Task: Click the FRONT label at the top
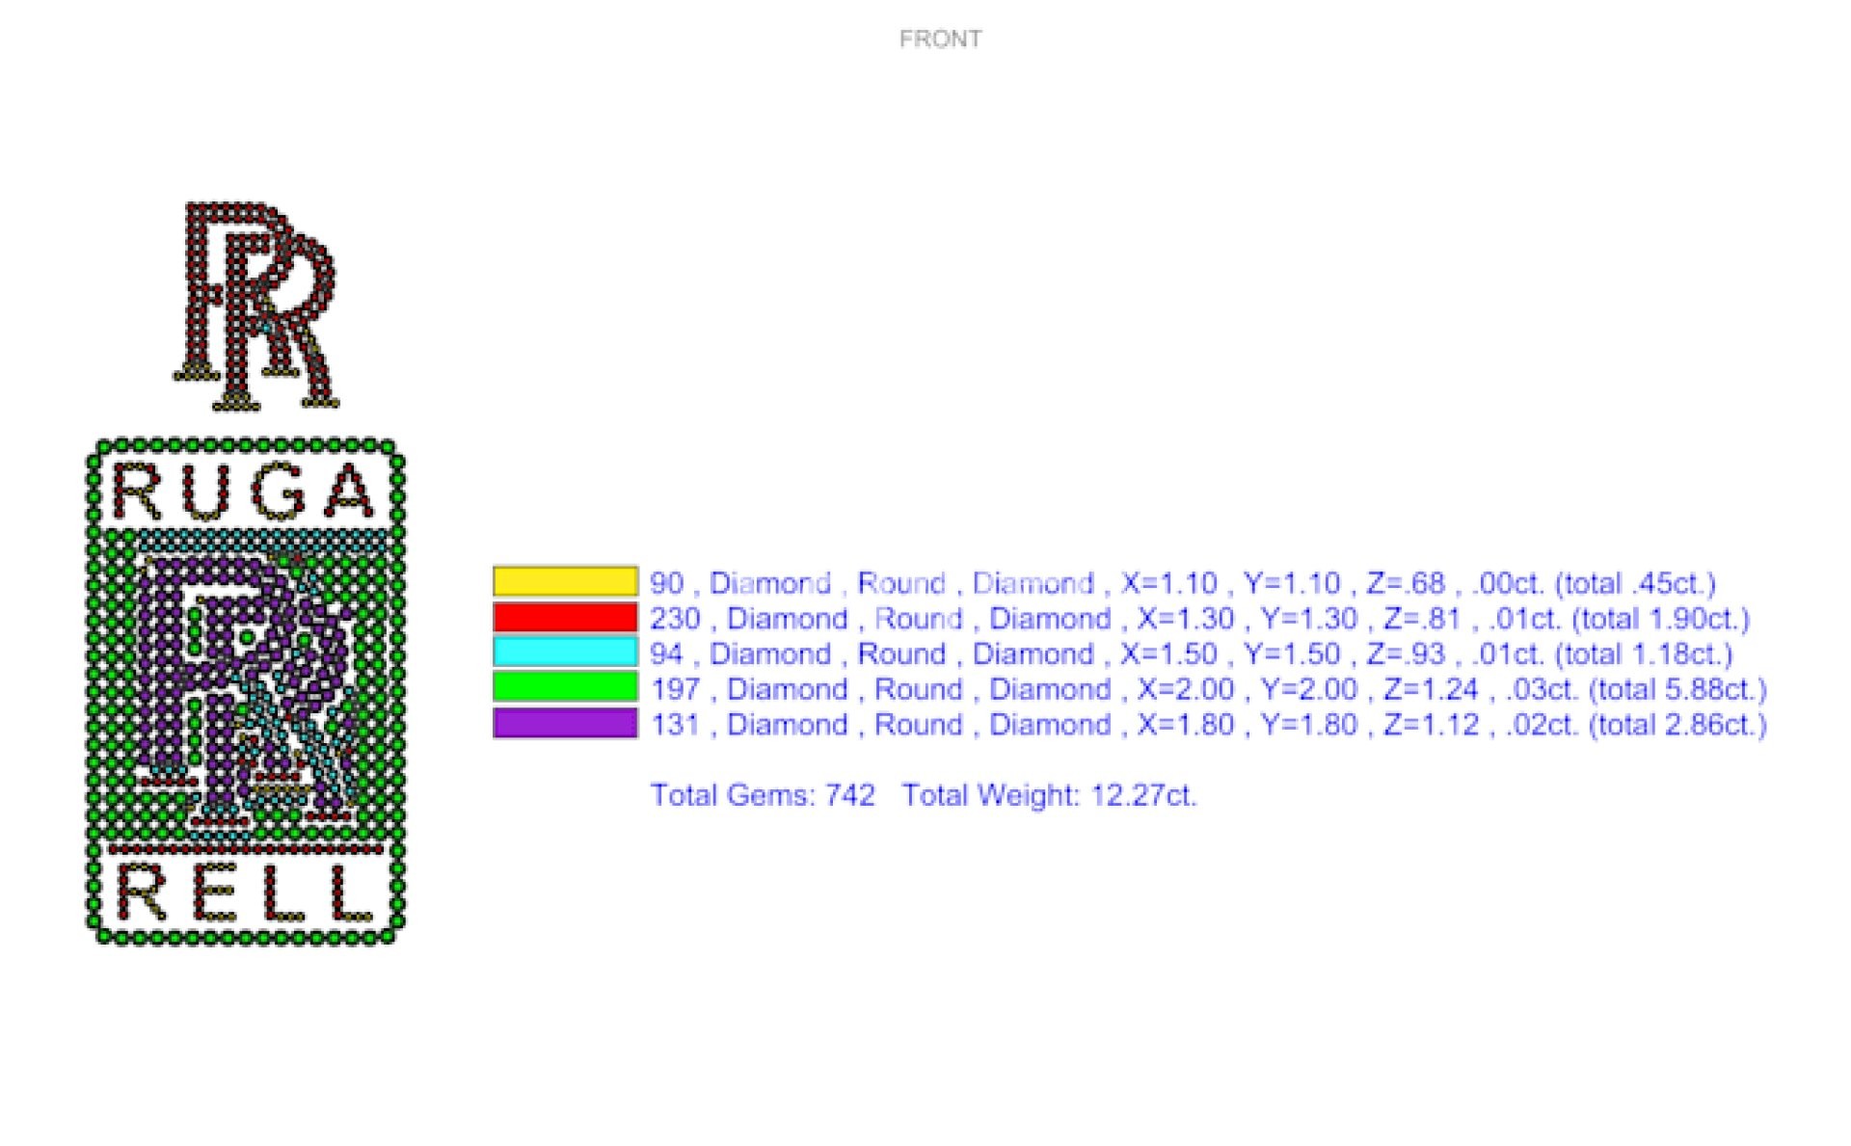(940, 39)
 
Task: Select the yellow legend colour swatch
(565, 581)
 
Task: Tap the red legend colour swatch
(565, 617)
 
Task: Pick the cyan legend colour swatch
(565, 653)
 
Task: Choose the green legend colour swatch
(565, 687)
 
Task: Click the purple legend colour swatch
(565, 723)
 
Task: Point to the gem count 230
(675, 619)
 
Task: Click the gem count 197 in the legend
(675, 689)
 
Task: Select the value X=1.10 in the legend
(1168, 583)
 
